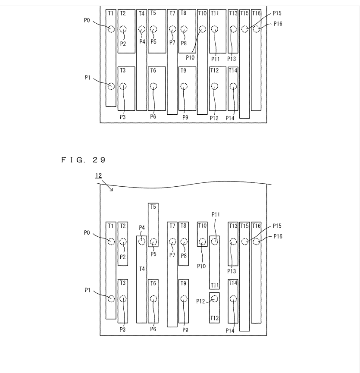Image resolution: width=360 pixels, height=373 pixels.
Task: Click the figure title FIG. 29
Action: pyautogui.click(x=83, y=160)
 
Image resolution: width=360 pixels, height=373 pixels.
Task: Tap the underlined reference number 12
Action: pyautogui.click(x=98, y=176)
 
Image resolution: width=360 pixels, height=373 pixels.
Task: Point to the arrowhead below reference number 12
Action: pyautogui.click(x=111, y=189)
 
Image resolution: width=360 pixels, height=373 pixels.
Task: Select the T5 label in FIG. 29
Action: pyautogui.click(x=153, y=207)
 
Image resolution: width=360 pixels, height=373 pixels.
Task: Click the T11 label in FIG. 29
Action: pyautogui.click(x=214, y=285)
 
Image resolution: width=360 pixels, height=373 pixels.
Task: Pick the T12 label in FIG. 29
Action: pyautogui.click(x=214, y=318)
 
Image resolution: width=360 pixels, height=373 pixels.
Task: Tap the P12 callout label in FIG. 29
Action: pyautogui.click(x=200, y=301)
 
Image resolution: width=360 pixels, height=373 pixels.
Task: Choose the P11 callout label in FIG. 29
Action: pyautogui.click(x=216, y=215)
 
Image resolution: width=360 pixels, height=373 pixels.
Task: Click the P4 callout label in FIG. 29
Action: pyautogui.click(x=142, y=228)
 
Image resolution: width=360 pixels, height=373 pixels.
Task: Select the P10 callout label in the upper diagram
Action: pyautogui.click(x=190, y=58)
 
